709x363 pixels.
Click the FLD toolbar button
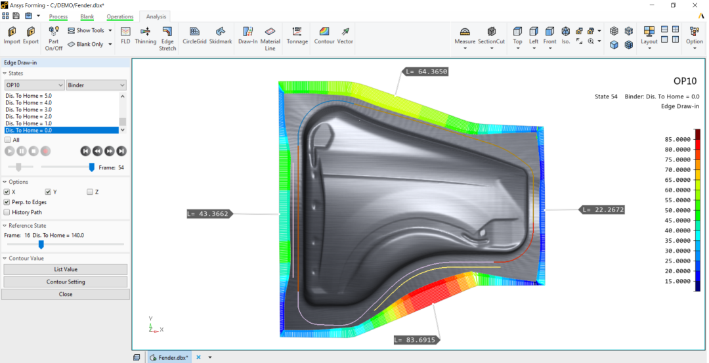[125, 35]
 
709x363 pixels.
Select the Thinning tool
[146, 35]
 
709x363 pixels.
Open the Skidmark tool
[221, 35]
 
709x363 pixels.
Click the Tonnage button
[297, 35]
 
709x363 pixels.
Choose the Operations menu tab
[120, 16]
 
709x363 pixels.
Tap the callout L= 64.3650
[426, 72]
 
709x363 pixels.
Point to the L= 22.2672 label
[602, 210]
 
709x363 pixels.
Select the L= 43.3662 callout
[207, 213]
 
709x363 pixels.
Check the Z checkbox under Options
[90, 192]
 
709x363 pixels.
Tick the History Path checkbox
[7, 212]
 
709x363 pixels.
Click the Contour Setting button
[65, 282]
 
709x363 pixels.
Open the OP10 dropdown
[34, 85]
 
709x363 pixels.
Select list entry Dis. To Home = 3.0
[28, 109]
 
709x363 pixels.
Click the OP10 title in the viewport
[685, 81]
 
